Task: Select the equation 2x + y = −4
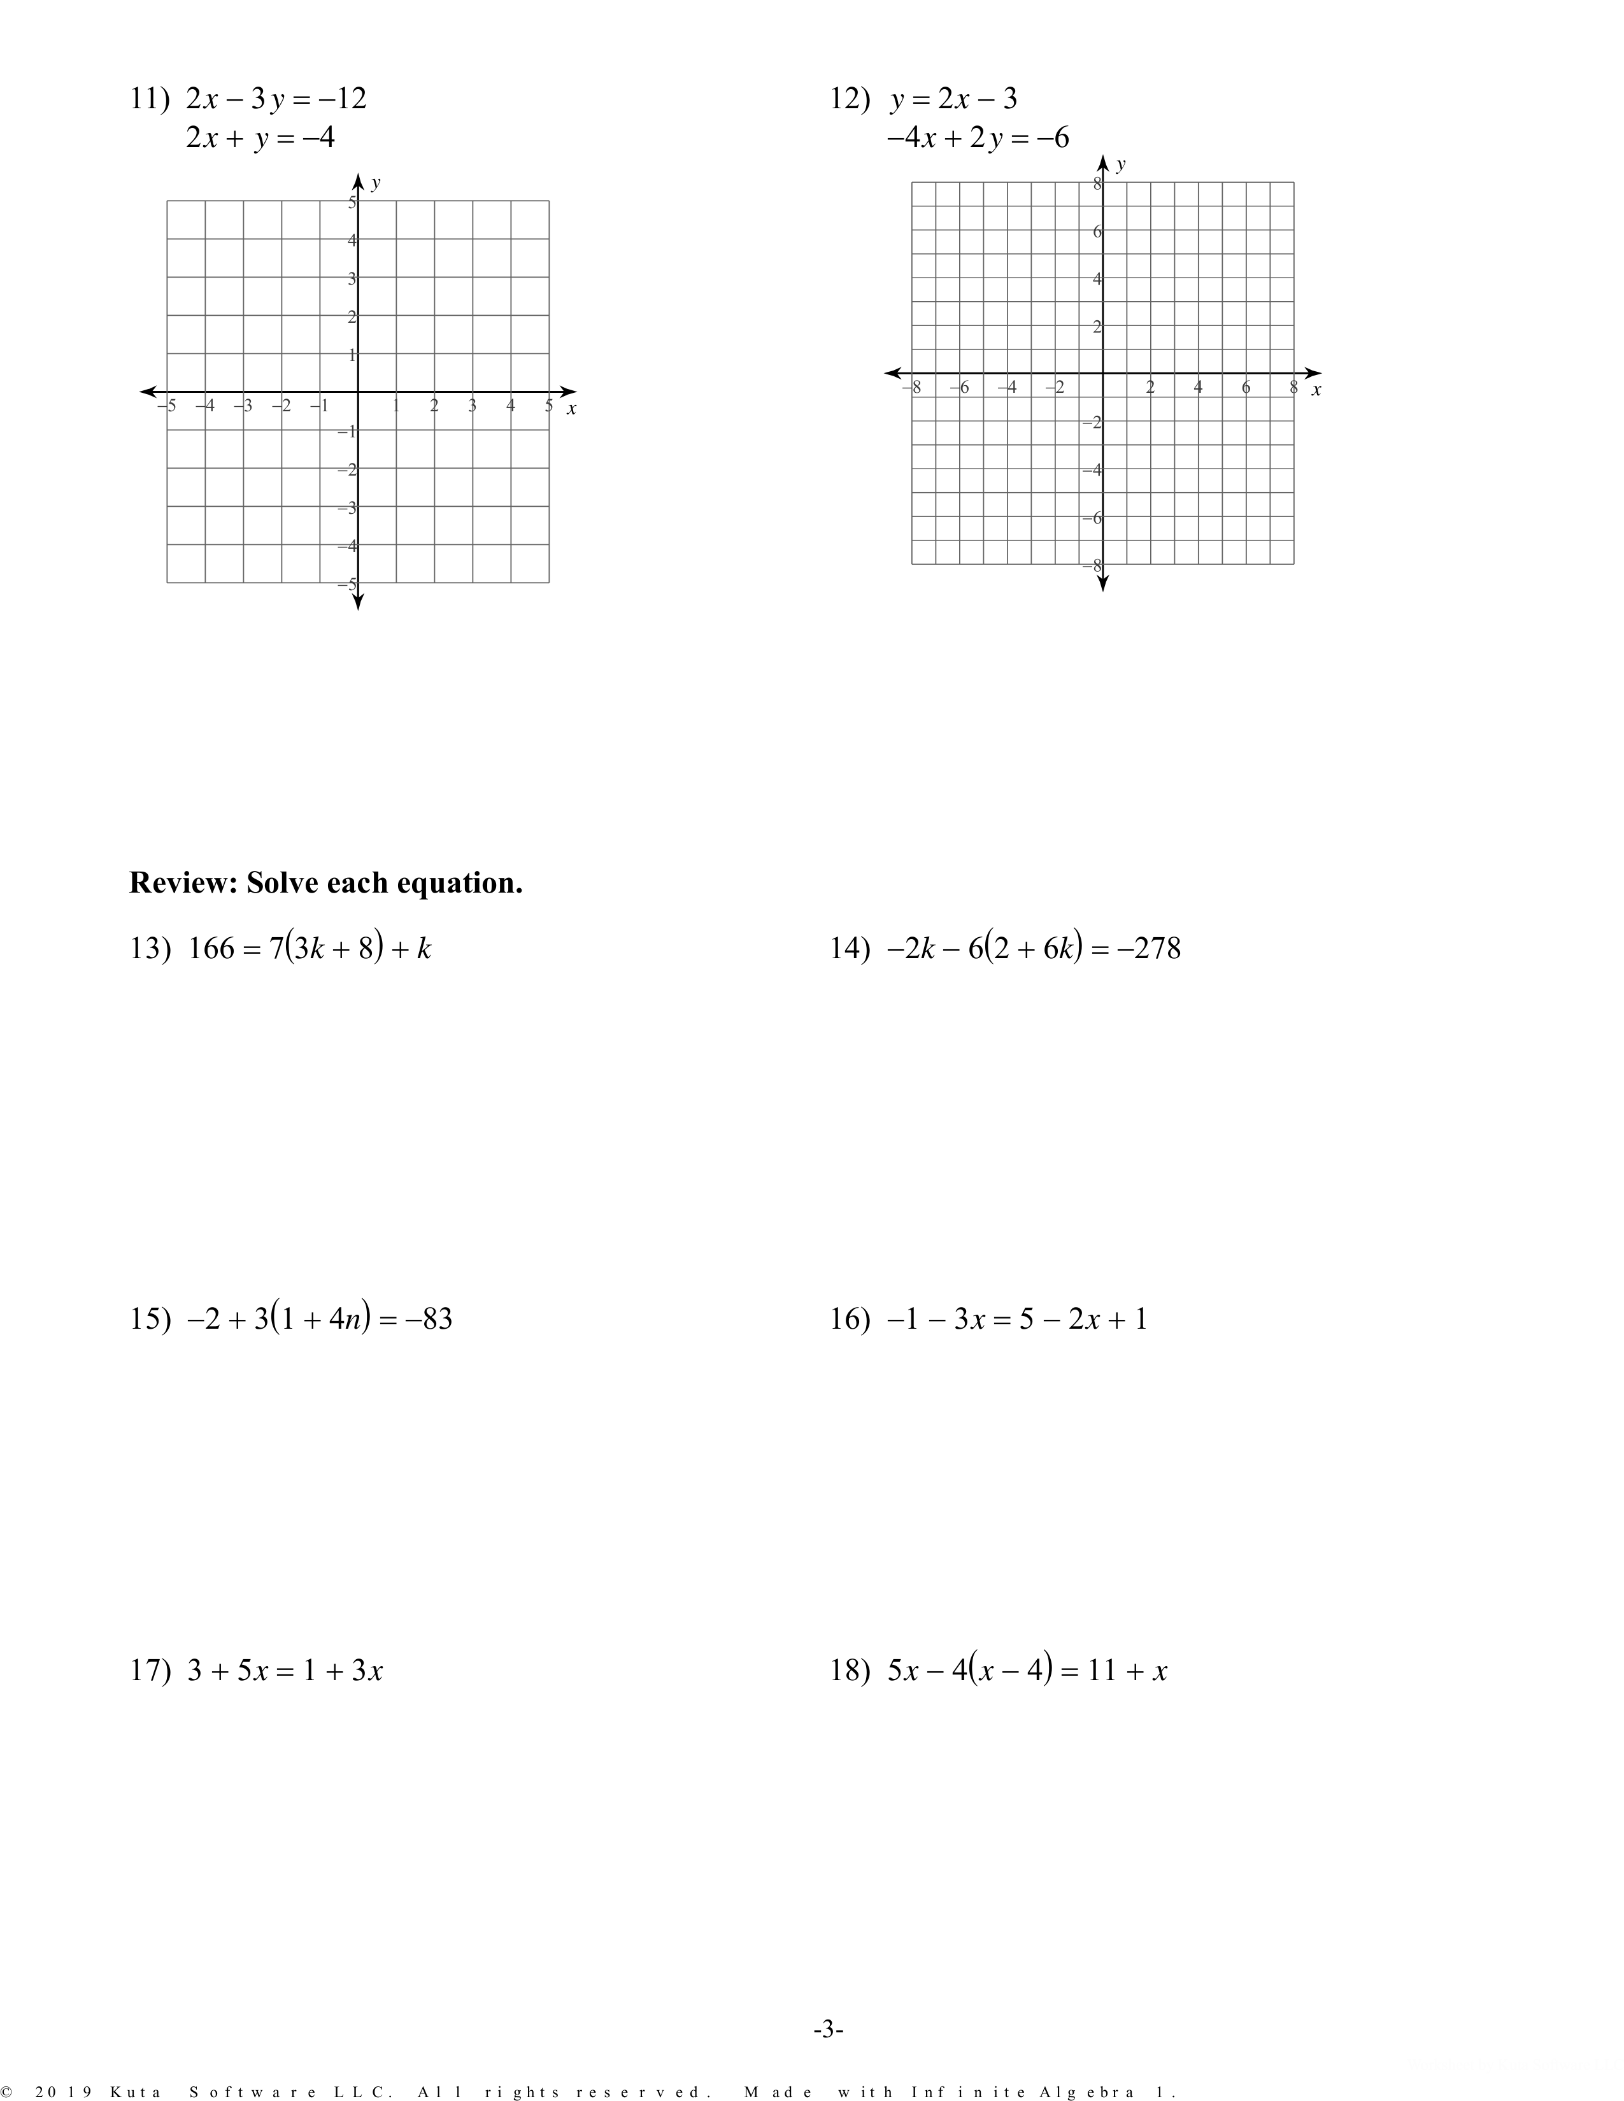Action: pyautogui.click(x=260, y=139)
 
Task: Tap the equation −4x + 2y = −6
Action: pyautogui.click(x=978, y=139)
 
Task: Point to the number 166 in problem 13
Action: pyautogui.click(x=211, y=949)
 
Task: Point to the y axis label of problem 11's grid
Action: pyautogui.click(x=375, y=183)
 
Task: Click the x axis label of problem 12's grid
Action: pyautogui.click(x=1316, y=390)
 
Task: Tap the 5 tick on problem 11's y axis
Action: pyautogui.click(x=352, y=202)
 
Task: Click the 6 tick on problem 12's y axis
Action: pyautogui.click(x=1097, y=232)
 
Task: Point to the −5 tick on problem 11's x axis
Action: pyautogui.click(x=167, y=406)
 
